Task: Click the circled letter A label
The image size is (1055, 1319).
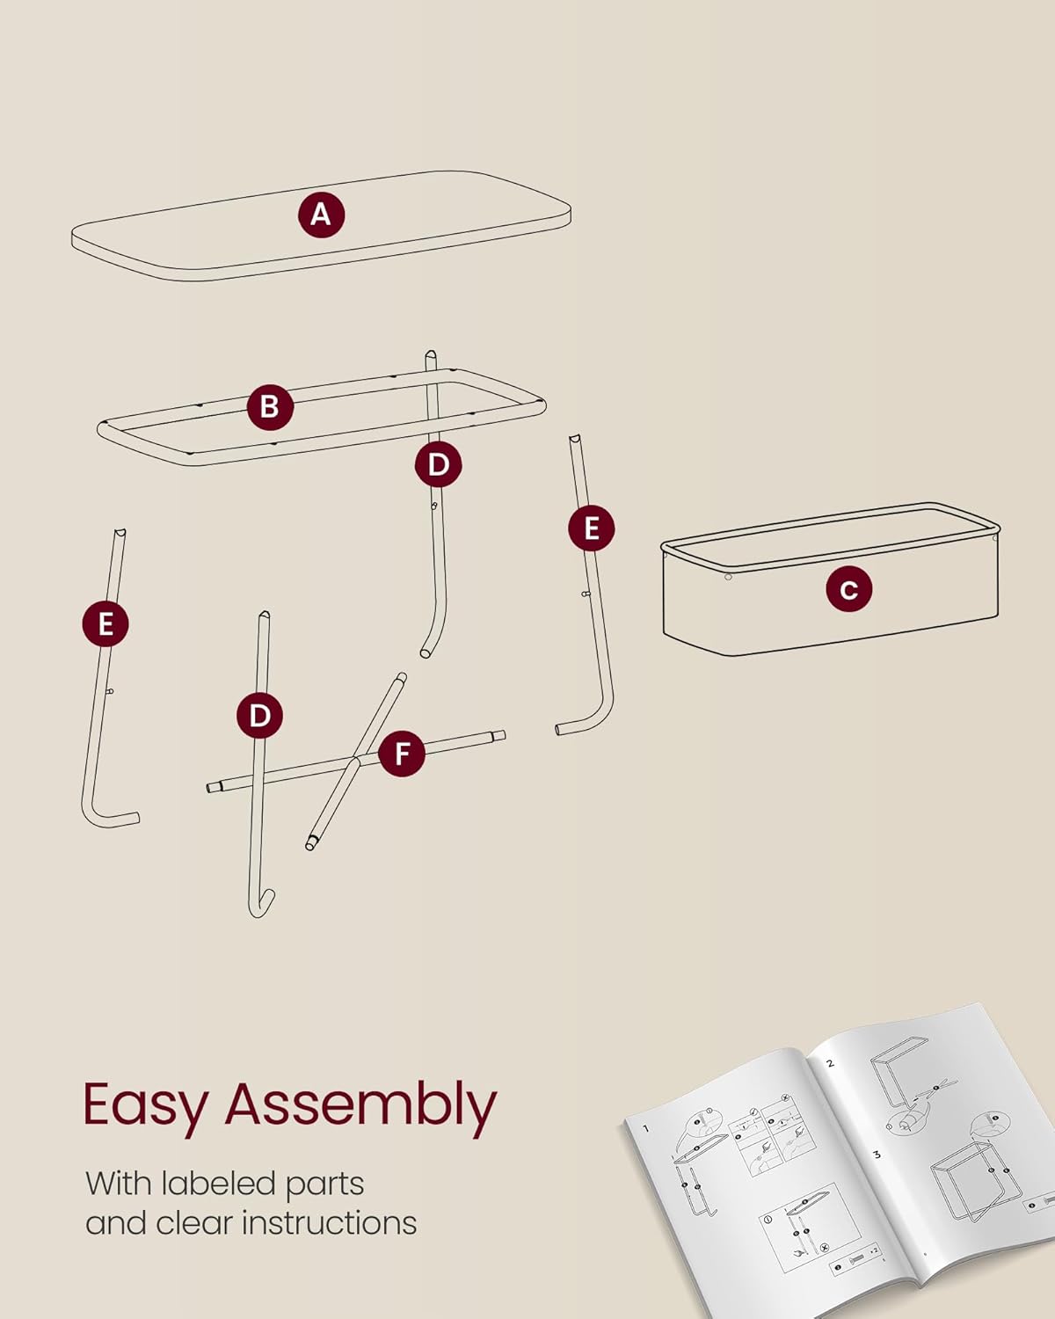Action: click(321, 215)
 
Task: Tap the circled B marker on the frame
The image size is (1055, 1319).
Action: click(270, 406)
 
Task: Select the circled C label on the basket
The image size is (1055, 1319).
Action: click(848, 588)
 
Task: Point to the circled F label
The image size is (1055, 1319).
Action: click(402, 754)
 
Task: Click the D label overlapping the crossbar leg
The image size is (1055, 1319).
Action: click(260, 715)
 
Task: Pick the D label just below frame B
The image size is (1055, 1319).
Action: click(439, 464)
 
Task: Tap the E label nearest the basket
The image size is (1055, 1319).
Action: click(592, 528)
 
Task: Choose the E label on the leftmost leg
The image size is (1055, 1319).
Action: click(105, 624)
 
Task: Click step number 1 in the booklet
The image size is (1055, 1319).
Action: click(645, 1128)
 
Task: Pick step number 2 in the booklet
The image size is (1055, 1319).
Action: click(830, 1063)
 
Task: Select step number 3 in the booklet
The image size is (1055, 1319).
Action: click(877, 1154)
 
